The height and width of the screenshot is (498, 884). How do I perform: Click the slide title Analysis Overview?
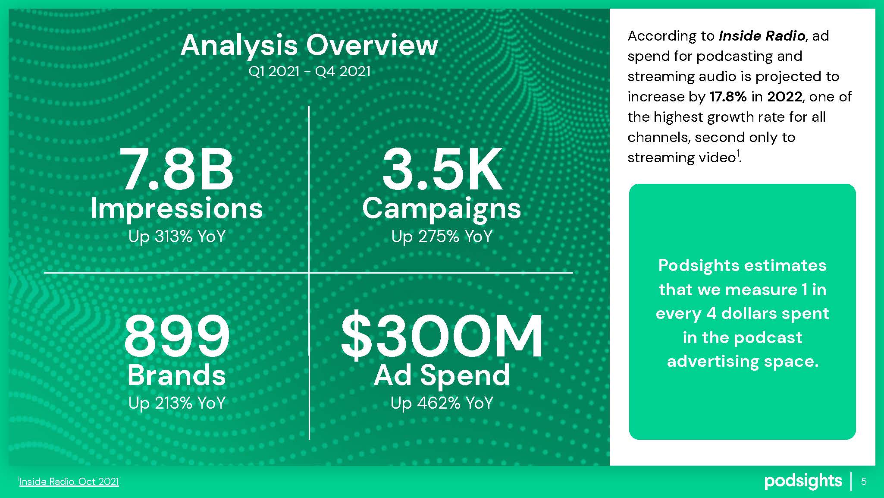coord(309,45)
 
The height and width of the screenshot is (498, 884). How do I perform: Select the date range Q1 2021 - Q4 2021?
coord(309,71)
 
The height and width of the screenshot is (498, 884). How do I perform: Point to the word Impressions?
coord(177,209)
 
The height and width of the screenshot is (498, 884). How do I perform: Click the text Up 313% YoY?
coord(177,236)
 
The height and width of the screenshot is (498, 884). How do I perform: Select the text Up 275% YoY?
coord(442,236)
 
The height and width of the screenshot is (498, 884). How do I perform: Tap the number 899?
coord(177,336)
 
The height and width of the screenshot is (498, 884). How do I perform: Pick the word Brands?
coord(177,375)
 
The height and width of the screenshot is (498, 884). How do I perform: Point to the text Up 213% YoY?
coord(177,403)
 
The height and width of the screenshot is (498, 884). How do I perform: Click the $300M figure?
coord(442,336)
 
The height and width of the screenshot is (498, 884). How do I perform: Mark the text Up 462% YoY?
coord(442,403)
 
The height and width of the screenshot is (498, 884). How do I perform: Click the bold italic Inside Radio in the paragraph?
coord(762,36)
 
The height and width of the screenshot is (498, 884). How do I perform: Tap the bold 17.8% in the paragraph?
coord(728,97)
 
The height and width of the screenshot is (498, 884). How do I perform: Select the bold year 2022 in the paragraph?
coord(784,97)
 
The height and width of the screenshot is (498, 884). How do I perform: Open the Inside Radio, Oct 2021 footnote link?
coord(69,482)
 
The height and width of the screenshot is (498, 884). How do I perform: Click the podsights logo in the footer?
coord(803,481)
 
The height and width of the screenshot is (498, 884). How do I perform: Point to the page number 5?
coord(864,482)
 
